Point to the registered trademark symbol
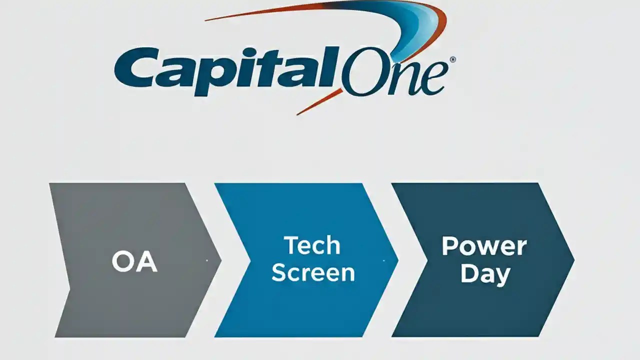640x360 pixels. [452, 59]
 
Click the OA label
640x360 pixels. [134, 261]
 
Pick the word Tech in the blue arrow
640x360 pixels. [312, 246]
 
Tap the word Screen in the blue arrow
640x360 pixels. [313, 273]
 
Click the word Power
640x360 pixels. [484, 246]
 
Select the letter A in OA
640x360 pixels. [147, 261]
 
